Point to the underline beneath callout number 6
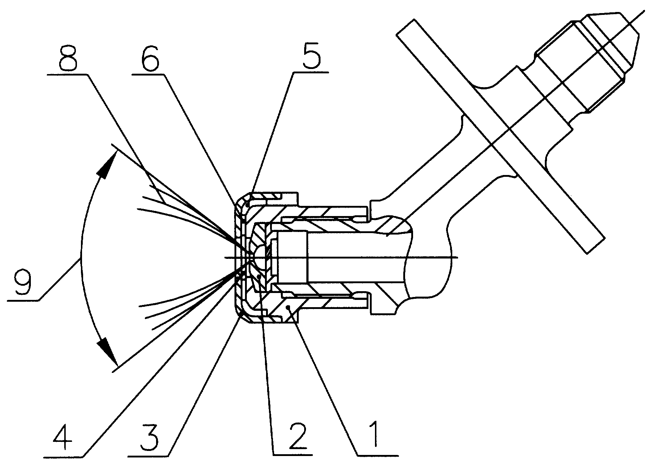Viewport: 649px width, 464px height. click(149, 74)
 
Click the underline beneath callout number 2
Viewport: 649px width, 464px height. click(293, 455)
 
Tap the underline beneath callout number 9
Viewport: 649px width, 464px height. click(24, 300)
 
